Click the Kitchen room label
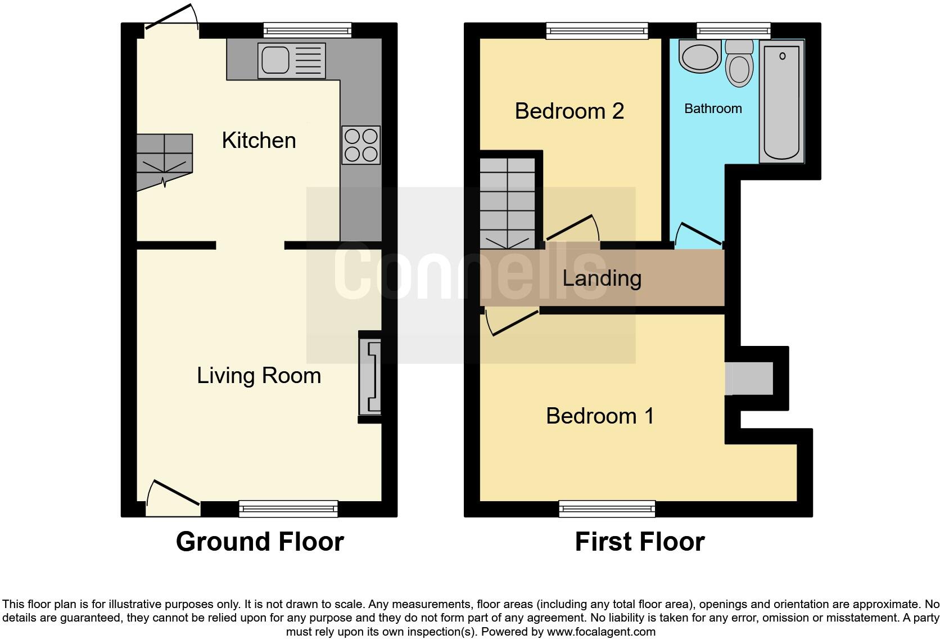259,141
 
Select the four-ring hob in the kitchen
361,145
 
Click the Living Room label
259,376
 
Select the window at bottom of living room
288,508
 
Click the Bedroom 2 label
569,111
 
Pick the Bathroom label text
713,109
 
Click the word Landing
602,278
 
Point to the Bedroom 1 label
600,416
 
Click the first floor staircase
507,202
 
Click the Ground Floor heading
260,542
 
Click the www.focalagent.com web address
600,632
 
